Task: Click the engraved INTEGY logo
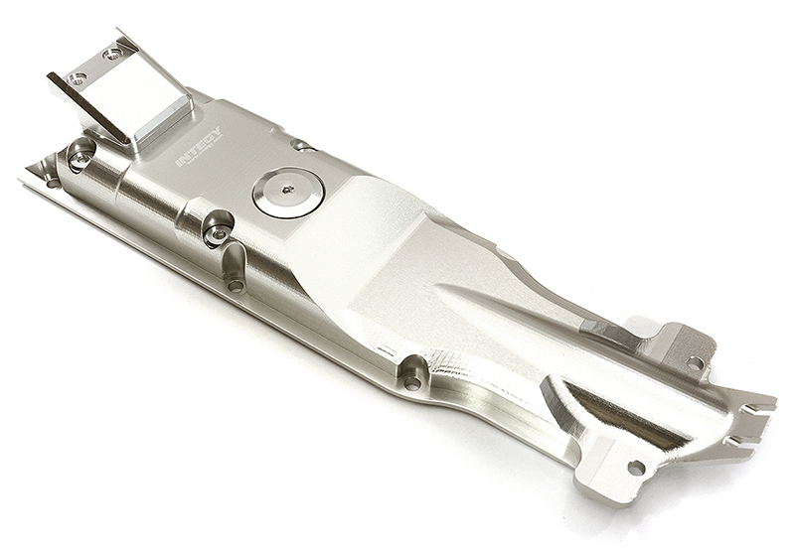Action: pos(200,147)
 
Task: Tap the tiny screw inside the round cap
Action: pos(287,190)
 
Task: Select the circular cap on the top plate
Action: pos(287,192)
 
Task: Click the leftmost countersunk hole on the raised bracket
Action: pos(78,77)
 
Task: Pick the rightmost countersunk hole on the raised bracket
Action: pos(115,54)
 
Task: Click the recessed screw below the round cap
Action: pos(217,234)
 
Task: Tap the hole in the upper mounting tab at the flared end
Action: pos(695,362)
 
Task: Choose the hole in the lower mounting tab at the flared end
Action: pos(634,467)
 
